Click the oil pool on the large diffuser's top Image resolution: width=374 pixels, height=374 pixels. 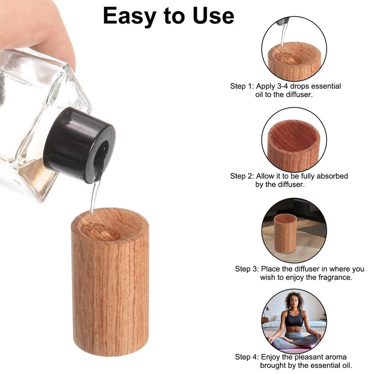(100, 231)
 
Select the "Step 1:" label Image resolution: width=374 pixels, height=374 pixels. (242, 86)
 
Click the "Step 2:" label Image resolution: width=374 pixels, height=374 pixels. (242, 176)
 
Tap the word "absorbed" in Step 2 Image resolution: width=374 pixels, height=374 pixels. (332, 176)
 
